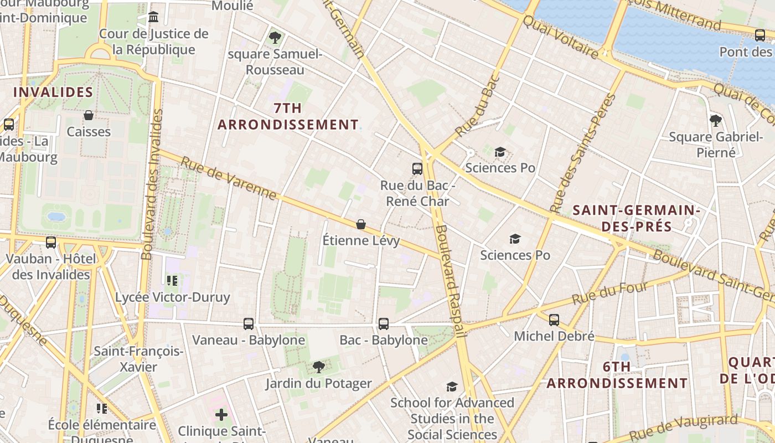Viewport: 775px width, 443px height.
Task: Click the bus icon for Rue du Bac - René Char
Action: tap(417, 169)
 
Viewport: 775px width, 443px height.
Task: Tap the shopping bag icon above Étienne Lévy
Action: tap(361, 224)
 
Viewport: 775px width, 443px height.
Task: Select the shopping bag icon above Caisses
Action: tap(88, 115)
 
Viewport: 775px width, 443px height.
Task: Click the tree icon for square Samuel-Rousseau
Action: tap(275, 38)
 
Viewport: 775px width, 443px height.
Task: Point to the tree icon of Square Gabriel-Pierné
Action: tap(716, 120)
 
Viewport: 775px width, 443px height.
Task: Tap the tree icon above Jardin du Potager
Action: tap(318, 367)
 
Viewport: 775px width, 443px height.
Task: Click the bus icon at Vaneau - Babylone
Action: tap(249, 323)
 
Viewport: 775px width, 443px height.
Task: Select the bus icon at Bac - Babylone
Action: tap(384, 323)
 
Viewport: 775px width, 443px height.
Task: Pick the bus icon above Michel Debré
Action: tap(554, 320)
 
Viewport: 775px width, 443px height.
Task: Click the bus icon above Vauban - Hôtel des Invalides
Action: tap(51, 242)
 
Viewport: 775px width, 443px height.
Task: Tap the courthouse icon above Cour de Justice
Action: tap(153, 17)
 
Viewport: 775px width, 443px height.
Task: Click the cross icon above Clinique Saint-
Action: tap(221, 414)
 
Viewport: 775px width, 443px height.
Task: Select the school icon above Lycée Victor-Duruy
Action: tap(172, 281)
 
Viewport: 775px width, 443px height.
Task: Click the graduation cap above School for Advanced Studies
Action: tap(452, 387)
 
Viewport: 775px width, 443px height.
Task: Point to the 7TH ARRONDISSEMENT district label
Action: tap(288, 116)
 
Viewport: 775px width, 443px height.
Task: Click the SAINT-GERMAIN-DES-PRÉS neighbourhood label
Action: tap(637, 218)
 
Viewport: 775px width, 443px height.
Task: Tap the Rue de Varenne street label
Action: tap(229, 178)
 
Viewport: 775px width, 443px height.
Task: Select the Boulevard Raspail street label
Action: tap(449, 280)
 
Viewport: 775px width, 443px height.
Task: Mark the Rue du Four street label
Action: tap(609, 293)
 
